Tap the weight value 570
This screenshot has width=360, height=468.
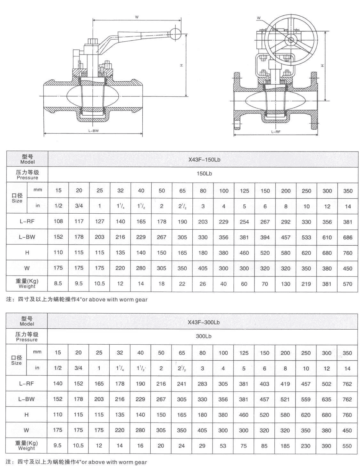(347, 284)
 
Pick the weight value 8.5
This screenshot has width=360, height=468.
(58, 283)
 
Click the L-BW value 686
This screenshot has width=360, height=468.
(347, 237)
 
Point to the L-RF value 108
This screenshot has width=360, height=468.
(58, 221)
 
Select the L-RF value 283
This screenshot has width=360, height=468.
(202, 384)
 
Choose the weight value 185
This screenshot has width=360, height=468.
(285, 446)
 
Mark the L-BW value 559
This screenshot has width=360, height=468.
(306, 399)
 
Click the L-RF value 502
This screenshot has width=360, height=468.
(327, 384)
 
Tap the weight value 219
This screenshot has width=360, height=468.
(306, 284)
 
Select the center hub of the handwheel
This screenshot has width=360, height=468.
(291, 40)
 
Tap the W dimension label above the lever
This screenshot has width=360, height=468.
(137, 17)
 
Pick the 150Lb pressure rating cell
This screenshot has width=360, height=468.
(204, 174)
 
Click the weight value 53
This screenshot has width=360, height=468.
(223, 446)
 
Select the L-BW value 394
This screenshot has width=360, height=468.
(265, 237)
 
